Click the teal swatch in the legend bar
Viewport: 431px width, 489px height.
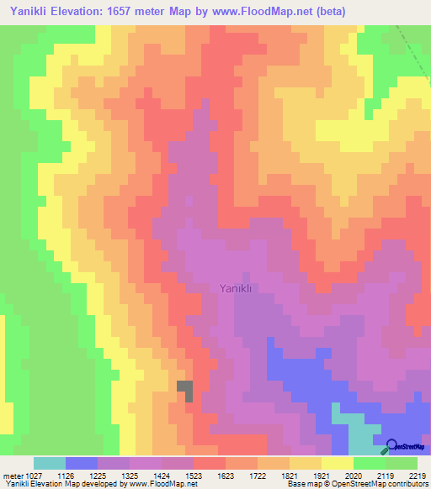[x=50, y=463]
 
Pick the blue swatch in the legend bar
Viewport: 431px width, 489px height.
[x=82, y=463]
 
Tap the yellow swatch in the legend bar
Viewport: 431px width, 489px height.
[x=338, y=463]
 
